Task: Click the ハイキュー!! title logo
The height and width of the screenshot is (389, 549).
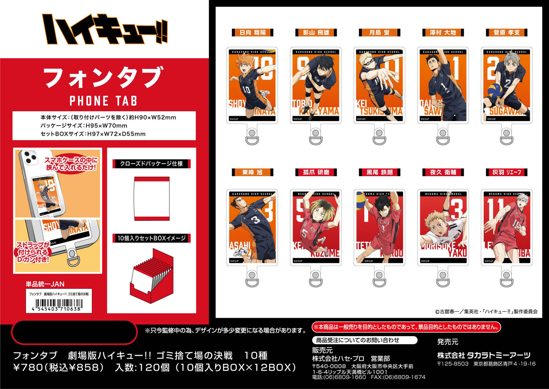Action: pos(105,29)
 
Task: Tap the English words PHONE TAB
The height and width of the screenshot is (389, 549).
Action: pos(103,101)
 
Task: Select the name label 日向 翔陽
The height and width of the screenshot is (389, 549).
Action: pos(252,33)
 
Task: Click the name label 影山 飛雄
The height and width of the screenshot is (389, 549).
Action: pos(316,33)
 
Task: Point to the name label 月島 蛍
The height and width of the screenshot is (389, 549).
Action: pos(379,33)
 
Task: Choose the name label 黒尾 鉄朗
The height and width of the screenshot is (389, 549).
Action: pos(379,172)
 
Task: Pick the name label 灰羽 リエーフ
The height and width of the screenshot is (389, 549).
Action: pos(506,172)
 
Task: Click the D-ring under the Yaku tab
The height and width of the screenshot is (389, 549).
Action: pos(443,280)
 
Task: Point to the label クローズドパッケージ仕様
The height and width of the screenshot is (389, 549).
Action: pos(151,164)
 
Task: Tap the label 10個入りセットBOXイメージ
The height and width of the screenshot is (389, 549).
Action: pos(151,238)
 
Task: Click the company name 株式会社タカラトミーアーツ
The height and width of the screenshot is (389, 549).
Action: pos(484,355)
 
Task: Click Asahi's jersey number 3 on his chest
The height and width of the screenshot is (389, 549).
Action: pos(256,220)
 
